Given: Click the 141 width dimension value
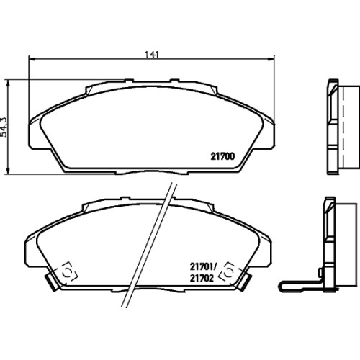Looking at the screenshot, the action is (x=152, y=55).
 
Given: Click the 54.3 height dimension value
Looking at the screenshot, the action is (x=4, y=127).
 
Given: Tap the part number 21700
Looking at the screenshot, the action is (x=222, y=156).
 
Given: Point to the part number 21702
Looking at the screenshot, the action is (x=202, y=278).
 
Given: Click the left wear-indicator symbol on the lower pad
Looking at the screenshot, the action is (x=68, y=273).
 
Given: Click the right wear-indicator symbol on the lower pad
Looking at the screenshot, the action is (x=228, y=273).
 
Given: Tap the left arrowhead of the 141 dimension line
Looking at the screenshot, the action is (x=32, y=58).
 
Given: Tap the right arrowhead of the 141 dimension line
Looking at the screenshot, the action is (x=271, y=58).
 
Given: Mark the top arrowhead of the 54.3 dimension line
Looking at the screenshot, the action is (x=9, y=84).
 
